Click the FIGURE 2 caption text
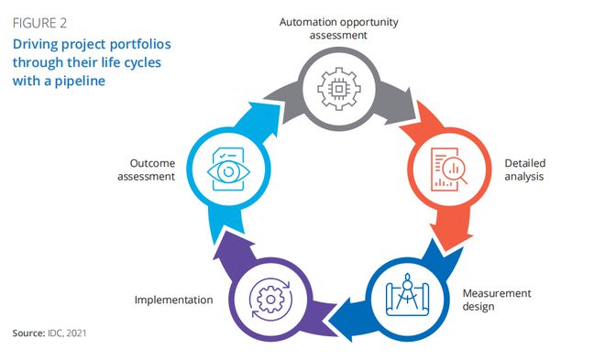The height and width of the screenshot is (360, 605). pyautogui.click(x=39, y=23)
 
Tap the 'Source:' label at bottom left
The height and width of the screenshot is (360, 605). pyautogui.click(x=29, y=333)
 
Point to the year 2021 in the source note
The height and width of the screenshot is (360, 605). pyautogui.click(x=76, y=333)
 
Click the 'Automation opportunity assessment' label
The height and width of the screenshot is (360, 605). pyautogui.click(x=339, y=28)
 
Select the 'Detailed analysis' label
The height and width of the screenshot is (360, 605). pyautogui.click(x=524, y=169)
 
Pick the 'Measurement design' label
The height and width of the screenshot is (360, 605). pyautogui.click(x=497, y=300)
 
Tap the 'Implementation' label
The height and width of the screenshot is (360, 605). pyautogui.click(x=173, y=300)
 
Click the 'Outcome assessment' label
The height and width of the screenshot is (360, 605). pyautogui.click(x=147, y=169)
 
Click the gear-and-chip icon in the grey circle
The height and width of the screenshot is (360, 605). pyautogui.click(x=339, y=89)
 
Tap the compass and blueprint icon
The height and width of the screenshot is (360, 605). pyautogui.click(x=407, y=295)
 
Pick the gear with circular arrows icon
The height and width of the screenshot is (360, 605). pyautogui.click(x=270, y=300)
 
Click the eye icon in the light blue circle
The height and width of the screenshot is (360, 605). pyautogui.click(x=228, y=171)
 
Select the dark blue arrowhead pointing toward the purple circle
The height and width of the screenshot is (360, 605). pyautogui.click(x=344, y=321)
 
